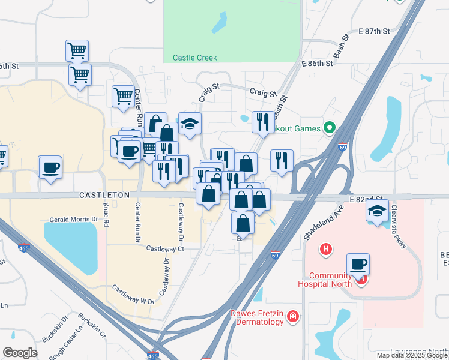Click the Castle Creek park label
pos(194,58)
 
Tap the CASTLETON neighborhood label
pos(104,196)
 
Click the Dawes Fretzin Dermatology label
pos(257,317)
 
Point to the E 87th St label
pos(374,31)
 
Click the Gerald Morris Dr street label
pos(73,220)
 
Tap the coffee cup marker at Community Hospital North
pos(358,265)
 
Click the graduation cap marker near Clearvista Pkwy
pos(377,211)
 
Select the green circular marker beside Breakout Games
pos(329,127)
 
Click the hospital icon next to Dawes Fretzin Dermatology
pos(293,316)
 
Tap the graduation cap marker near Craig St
pos(190,124)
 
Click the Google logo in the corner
pos(20,353)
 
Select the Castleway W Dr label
pos(133,294)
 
